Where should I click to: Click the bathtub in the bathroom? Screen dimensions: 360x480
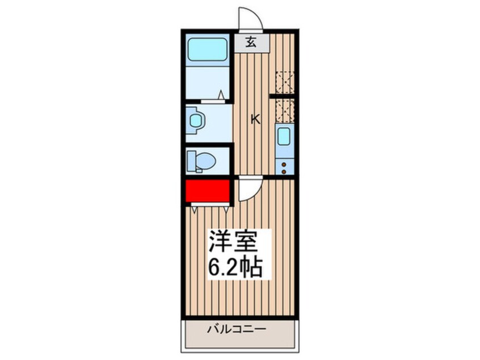click(207, 49)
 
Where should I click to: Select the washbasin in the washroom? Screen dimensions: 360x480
click(196, 121)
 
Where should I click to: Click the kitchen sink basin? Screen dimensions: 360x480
click(283, 136)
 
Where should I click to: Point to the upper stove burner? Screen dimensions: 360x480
click(283, 164)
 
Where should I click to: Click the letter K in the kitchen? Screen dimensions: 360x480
click(256, 119)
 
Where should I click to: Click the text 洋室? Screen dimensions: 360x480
click(233, 244)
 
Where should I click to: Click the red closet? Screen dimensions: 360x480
click(207, 191)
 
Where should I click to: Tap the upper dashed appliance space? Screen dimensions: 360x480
click(284, 82)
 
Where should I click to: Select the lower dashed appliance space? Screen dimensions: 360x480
click(284, 110)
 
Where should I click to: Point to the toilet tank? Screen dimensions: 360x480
click(192, 161)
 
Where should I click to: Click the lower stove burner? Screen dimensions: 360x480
click(283, 170)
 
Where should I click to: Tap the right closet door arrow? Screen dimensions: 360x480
click(226, 209)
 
